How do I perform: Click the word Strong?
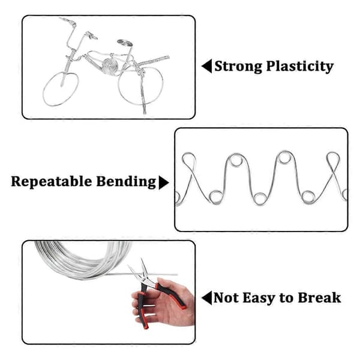pyautogui.click(x=238, y=67)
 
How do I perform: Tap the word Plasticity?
pyautogui.click(x=299, y=67)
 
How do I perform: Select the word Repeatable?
pyautogui.click(x=52, y=182)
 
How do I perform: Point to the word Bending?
pyautogui.click(x=126, y=182)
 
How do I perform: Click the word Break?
pyautogui.click(x=319, y=298)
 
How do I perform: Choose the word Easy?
pyautogui.click(x=259, y=298)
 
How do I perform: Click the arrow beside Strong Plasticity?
pyautogui.click(x=206, y=66)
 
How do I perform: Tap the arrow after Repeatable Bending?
pyautogui.click(x=164, y=182)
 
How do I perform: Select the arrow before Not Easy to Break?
pyautogui.click(x=206, y=298)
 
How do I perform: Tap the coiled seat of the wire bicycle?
pyautogui.click(x=125, y=43)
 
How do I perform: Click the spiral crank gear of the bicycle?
pyautogui.click(x=110, y=66)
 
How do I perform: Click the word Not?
pyautogui.click(x=227, y=298)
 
